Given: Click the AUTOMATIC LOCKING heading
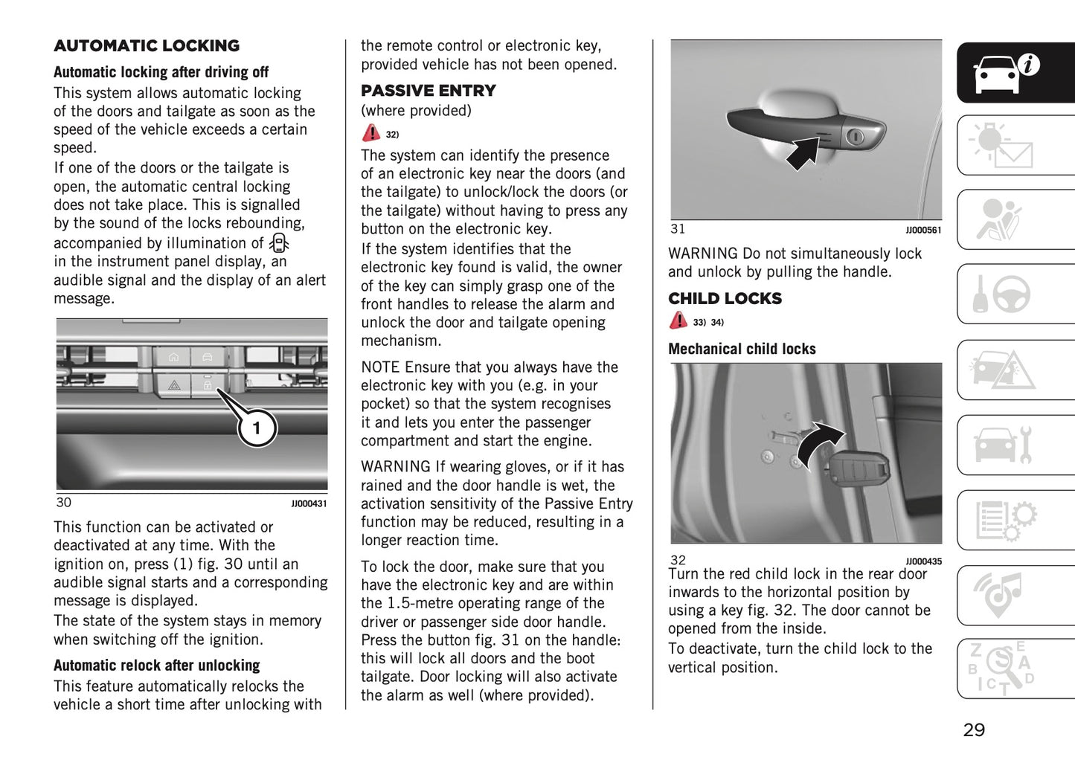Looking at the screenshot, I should [x=147, y=46].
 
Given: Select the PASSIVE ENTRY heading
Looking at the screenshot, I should [x=428, y=91].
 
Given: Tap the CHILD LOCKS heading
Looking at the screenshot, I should [x=725, y=299].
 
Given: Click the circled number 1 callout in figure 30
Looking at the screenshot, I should [x=257, y=428].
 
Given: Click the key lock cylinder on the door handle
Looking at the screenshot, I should [x=856, y=137].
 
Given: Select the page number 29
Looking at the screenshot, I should [x=974, y=730].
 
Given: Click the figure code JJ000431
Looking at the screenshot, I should [x=309, y=504].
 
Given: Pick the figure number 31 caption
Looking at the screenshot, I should [x=678, y=229].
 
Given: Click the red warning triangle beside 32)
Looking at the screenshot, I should [x=370, y=133].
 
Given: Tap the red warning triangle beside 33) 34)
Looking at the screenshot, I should [x=678, y=320].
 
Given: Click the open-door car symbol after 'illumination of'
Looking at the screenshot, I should [x=279, y=243].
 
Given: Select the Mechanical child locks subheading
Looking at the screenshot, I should [x=742, y=349].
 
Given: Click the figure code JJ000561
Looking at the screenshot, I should [x=923, y=231].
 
